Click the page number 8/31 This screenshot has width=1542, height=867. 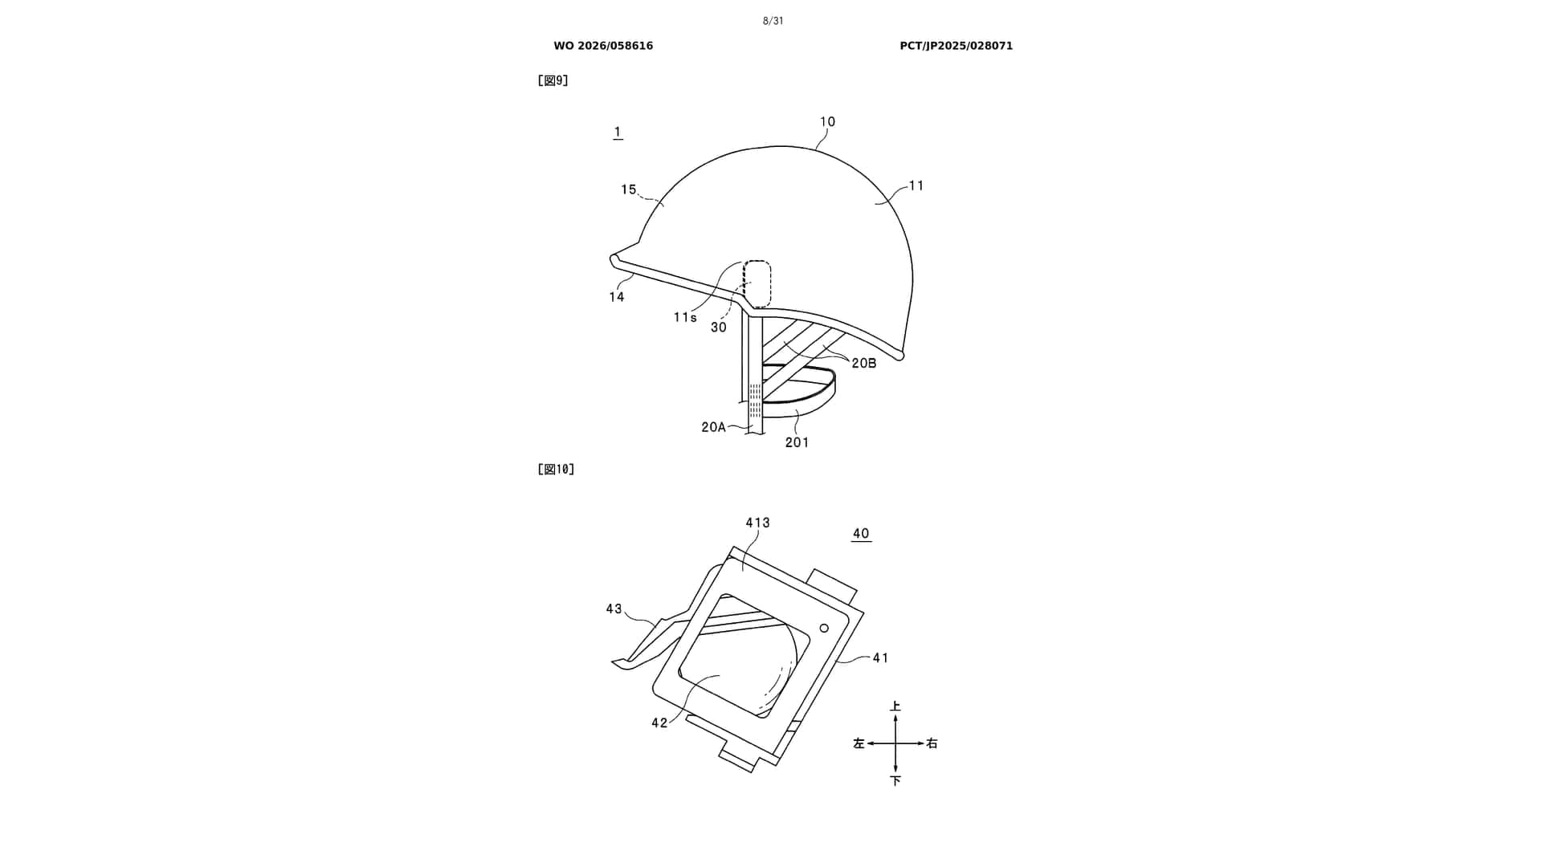(x=773, y=21)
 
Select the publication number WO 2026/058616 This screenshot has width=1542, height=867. (x=603, y=46)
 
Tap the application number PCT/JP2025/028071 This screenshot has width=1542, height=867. (x=956, y=46)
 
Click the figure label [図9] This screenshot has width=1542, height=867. (x=553, y=80)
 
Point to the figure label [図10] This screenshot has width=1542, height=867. (x=556, y=469)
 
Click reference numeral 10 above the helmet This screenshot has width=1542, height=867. (x=827, y=122)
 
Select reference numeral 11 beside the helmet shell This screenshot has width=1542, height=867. (x=916, y=185)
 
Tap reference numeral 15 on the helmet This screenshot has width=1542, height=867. (x=628, y=189)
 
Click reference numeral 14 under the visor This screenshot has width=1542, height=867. (x=616, y=297)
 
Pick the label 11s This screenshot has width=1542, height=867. (x=685, y=318)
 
